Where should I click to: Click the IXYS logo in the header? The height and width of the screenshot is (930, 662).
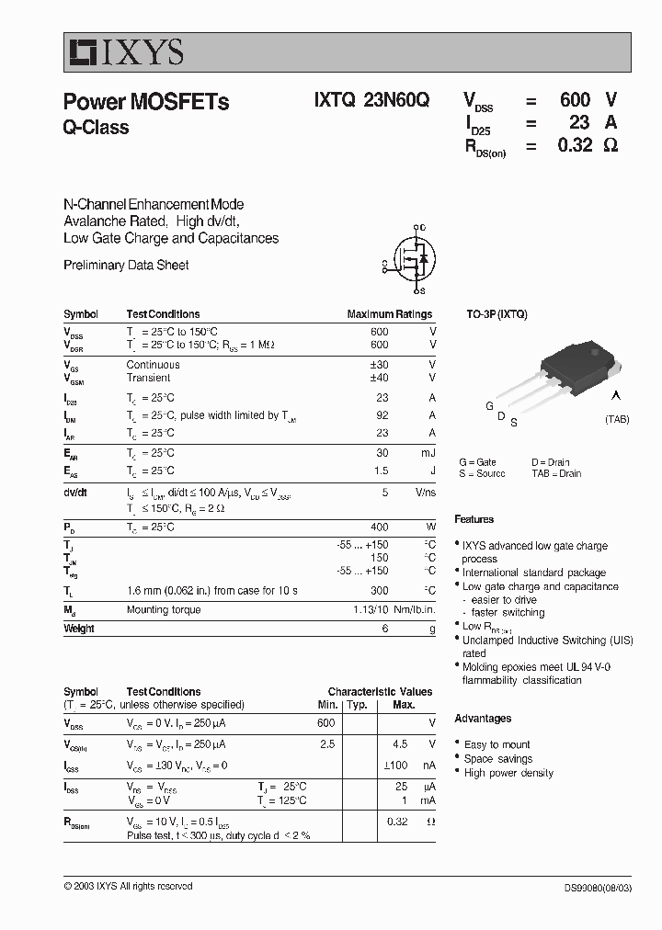(x=124, y=52)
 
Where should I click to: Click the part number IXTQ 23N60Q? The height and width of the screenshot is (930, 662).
(x=365, y=102)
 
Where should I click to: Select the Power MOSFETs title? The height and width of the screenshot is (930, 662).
(x=145, y=102)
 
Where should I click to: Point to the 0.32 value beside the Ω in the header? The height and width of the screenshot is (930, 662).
(x=575, y=145)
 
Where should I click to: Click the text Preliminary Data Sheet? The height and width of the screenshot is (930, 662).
(x=126, y=266)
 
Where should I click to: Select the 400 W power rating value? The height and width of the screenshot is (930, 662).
(x=379, y=527)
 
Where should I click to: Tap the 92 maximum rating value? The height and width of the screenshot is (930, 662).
(x=382, y=415)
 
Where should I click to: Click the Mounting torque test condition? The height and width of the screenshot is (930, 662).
(x=163, y=610)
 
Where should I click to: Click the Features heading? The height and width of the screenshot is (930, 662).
(x=474, y=519)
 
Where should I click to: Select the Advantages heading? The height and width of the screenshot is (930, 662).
(x=483, y=719)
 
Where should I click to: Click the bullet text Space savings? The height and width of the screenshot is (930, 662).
(x=498, y=759)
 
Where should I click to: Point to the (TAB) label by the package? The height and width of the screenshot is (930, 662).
(x=617, y=419)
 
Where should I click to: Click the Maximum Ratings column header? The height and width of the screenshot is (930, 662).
(x=389, y=314)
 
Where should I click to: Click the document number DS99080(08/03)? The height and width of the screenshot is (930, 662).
(x=598, y=887)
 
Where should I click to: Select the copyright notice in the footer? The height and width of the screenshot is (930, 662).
(x=128, y=887)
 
